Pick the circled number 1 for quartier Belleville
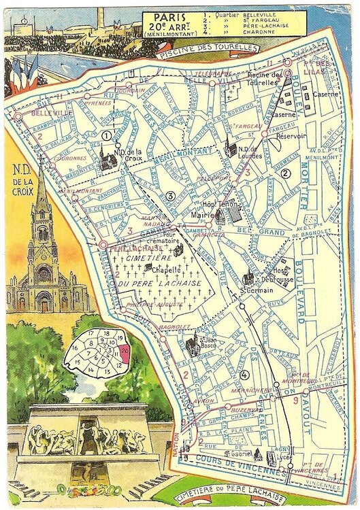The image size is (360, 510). click(106, 135)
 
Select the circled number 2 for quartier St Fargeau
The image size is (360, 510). click(287, 173)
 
